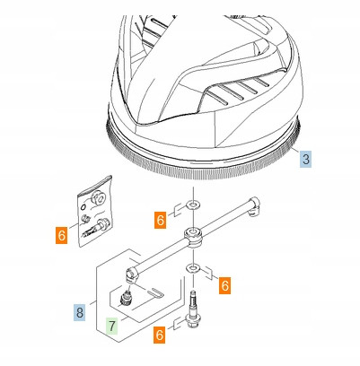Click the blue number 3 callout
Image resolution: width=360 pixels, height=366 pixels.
tap(305, 158)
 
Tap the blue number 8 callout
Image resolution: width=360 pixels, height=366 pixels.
tap(80, 313)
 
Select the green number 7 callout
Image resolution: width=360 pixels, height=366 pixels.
tap(112, 326)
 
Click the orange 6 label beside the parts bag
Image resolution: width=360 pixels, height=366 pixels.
tap(62, 236)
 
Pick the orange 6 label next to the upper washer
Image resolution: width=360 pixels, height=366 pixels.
tap(161, 220)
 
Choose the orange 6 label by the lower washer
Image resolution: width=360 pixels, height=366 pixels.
tap(224, 285)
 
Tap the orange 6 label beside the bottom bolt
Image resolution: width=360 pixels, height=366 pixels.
tap(160, 335)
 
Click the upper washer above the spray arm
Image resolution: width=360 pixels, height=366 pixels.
tap(194, 205)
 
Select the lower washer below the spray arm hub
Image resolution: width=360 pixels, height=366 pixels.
tap(194, 267)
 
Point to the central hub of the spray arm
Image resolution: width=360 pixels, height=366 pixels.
tap(194, 236)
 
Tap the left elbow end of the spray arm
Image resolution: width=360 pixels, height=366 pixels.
tap(131, 274)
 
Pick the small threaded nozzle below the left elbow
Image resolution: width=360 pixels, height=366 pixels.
tap(126, 298)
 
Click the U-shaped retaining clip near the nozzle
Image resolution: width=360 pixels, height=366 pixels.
tap(154, 292)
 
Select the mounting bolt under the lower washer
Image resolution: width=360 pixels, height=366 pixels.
tap(193, 310)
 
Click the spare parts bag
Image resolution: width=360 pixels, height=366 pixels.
tap(95, 212)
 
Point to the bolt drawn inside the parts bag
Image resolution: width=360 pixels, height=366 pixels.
tap(94, 228)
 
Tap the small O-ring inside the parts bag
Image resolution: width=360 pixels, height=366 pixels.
tap(83, 206)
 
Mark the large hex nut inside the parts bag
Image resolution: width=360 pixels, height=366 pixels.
tap(98, 198)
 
